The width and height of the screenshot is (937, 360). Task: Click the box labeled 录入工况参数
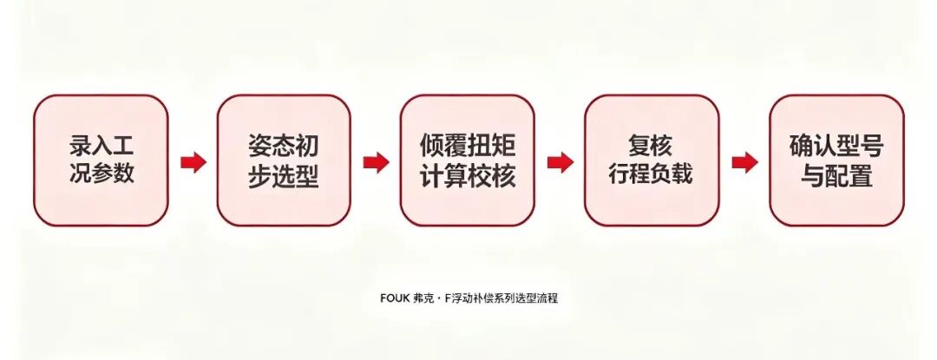click(101, 160)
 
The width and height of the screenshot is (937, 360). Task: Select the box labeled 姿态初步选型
click(284, 160)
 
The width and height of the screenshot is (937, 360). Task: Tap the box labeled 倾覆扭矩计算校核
click(468, 160)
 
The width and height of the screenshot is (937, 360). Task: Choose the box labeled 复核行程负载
click(652, 160)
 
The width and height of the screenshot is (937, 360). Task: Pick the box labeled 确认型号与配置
click(836, 160)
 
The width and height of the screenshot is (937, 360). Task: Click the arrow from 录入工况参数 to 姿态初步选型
click(193, 162)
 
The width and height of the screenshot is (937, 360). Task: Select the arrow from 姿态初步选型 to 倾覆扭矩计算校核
click(377, 162)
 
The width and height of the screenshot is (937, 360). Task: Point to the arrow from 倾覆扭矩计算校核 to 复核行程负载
click(560, 162)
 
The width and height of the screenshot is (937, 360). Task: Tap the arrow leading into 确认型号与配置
click(745, 162)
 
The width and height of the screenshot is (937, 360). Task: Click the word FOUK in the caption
click(395, 298)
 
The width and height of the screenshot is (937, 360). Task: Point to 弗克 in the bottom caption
click(423, 298)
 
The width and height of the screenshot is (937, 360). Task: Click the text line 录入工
click(101, 147)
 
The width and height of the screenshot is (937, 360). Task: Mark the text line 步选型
click(284, 177)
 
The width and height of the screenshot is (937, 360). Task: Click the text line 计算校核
click(468, 177)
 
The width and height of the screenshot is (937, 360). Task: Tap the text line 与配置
click(836, 177)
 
